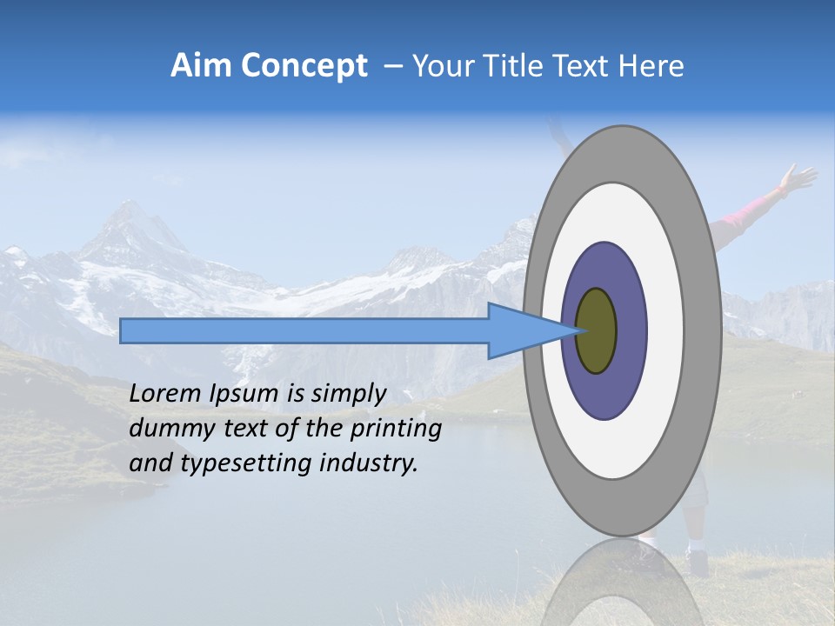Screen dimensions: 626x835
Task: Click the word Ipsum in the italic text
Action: [244, 394]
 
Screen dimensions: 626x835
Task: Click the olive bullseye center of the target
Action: [597, 331]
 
